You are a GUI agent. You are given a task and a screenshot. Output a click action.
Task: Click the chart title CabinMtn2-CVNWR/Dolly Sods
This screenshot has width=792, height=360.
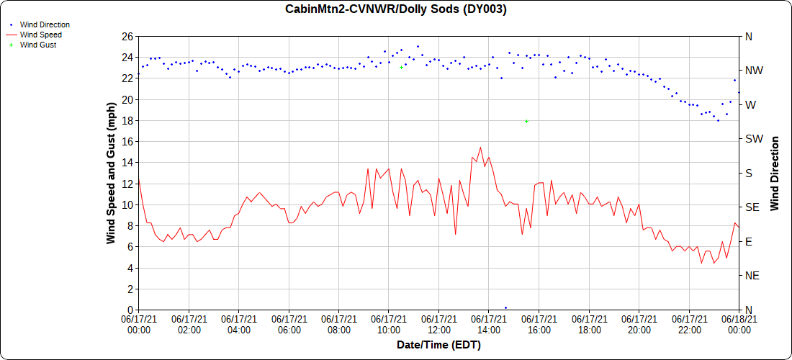point(396,9)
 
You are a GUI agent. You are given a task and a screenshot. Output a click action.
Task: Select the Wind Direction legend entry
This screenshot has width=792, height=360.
point(45,24)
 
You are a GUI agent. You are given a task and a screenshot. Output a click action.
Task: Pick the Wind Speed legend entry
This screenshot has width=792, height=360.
point(40,35)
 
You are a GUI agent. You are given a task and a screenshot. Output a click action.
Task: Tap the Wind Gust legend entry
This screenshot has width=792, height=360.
point(38,45)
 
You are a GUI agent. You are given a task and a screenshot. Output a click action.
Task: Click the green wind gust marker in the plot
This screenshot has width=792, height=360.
point(527,121)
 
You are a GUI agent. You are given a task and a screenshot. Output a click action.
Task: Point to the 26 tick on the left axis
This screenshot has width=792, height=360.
point(127,37)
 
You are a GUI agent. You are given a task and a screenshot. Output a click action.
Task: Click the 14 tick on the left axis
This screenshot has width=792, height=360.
point(127,163)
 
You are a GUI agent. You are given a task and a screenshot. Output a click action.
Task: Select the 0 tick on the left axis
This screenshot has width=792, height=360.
point(130,310)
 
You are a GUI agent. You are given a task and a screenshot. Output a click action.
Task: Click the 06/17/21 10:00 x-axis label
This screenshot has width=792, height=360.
point(389,324)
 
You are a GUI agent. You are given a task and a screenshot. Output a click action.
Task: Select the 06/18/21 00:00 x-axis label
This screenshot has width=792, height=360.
point(739,324)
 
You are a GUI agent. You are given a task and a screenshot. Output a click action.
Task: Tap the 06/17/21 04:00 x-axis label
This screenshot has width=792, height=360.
point(239,324)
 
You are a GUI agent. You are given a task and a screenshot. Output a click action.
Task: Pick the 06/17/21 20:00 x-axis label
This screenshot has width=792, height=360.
point(639,324)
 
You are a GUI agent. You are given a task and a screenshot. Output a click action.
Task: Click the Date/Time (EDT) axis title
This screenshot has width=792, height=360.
point(438,345)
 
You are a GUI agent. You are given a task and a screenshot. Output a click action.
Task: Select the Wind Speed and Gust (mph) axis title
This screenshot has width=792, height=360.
point(111,173)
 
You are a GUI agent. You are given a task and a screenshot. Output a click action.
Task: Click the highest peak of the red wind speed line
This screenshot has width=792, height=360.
point(480,148)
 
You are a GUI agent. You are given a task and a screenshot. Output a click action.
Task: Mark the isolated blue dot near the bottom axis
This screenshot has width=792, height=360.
point(505,307)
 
